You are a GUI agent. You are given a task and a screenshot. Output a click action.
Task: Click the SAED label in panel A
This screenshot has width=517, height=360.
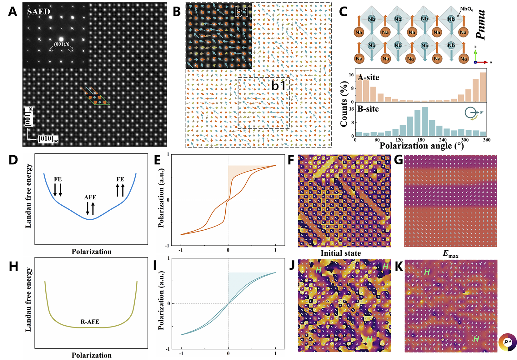(x=38, y=12)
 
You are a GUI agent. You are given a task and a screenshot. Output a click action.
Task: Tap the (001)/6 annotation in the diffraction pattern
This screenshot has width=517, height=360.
(x=62, y=44)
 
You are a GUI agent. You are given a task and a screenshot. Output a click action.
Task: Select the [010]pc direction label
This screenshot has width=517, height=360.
(x=48, y=138)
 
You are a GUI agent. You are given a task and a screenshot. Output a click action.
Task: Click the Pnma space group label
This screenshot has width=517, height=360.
(x=481, y=25)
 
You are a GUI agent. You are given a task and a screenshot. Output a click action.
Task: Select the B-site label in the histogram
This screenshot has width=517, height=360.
(x=368, y=109)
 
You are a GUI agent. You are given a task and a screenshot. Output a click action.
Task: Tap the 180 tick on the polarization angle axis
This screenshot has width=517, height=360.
(x=421, y=140)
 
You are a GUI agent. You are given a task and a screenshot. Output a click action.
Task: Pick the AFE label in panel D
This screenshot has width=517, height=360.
(x=90, y=197)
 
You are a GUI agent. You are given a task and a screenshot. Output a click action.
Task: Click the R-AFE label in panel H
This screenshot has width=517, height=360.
(x=90, y=322)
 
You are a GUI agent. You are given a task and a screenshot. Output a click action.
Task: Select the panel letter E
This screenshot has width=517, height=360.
(x=157, y=160)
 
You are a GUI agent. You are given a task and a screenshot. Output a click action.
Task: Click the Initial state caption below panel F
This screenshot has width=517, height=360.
(x=341, y=253)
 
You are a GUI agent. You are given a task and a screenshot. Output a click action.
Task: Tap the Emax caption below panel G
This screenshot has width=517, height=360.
(x=450, y=254)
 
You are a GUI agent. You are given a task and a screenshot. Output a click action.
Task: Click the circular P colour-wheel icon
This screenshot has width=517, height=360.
(x=507, y=342)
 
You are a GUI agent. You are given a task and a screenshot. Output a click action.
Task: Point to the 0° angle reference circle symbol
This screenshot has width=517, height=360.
(x=471, y=112)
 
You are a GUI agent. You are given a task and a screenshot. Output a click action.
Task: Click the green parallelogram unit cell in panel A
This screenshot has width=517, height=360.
(x=97, y=100)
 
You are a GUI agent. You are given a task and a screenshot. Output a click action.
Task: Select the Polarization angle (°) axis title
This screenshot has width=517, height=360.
(x=421, y=146)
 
